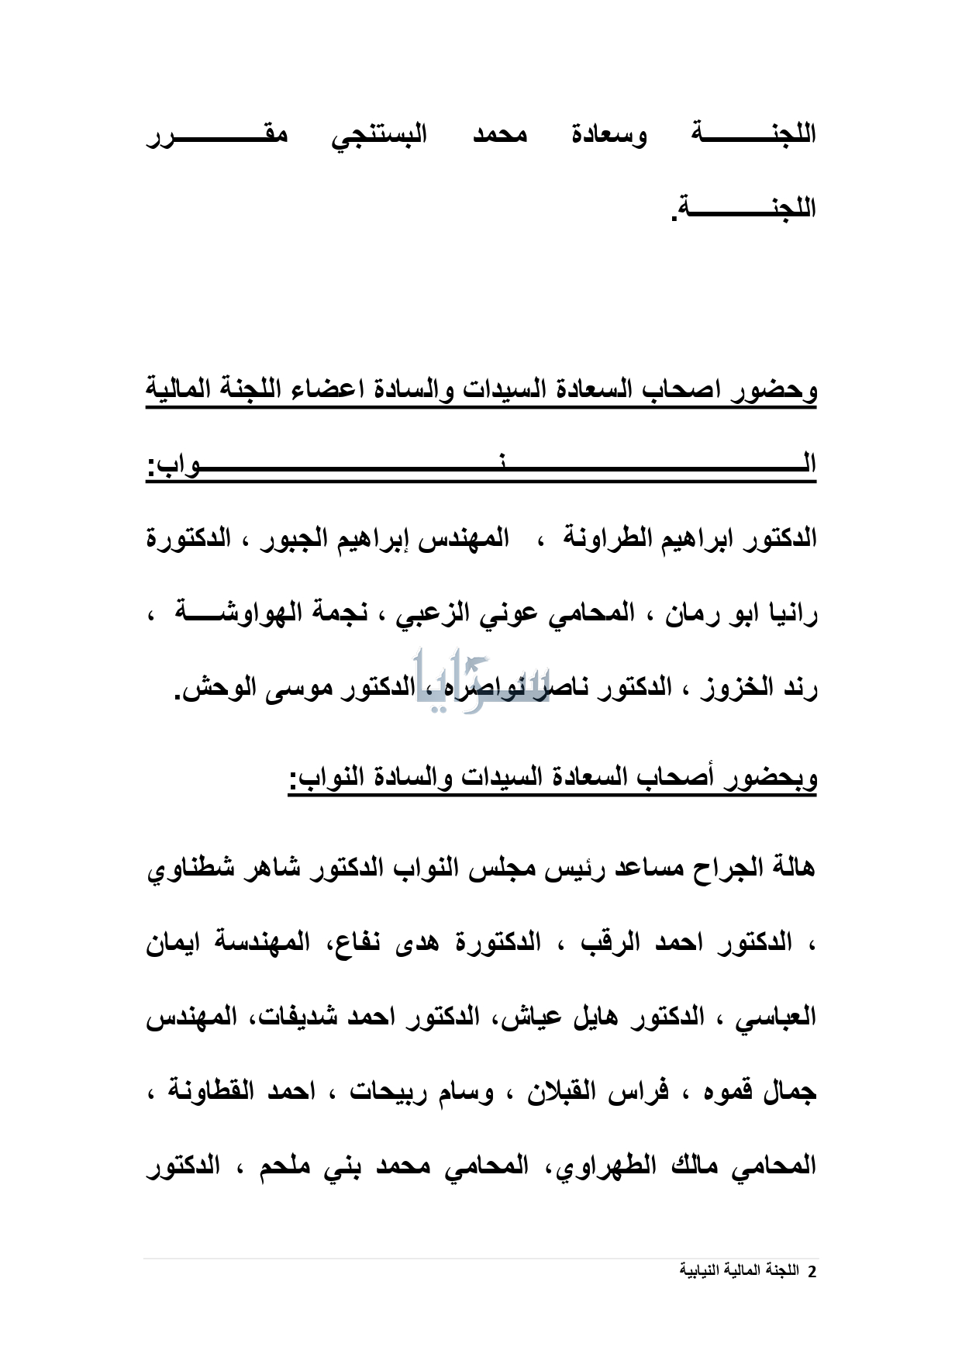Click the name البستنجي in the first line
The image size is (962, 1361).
(379, 136)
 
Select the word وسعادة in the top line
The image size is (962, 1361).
(609, 136)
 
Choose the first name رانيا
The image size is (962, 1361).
(788, 613)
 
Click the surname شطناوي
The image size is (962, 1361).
(190, 869)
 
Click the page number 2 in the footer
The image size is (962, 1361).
(812, 1272)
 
